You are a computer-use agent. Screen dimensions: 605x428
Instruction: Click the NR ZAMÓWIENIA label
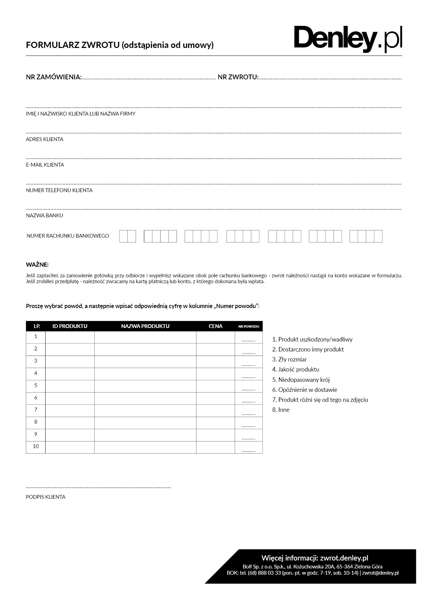click(53, 77)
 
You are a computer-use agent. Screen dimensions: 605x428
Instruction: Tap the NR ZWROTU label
click(238, 77)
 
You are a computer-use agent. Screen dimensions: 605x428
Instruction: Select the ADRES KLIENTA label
click(45, 139)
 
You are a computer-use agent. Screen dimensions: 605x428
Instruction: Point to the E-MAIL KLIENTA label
click(45, 165)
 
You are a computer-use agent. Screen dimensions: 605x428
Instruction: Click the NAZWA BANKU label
click(45, 216)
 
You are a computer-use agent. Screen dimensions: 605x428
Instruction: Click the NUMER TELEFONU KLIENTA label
click(59, 190)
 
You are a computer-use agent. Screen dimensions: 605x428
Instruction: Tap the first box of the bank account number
click(124, 236)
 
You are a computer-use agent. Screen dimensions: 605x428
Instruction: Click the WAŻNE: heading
click(37, 265)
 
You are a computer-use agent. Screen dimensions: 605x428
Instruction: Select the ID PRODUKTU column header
click(70, 326)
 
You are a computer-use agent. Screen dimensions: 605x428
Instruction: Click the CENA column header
click(215, 326)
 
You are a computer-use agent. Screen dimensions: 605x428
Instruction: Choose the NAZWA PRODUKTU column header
click(145, 326)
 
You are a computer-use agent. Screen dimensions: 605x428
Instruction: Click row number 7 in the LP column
click(36, 410)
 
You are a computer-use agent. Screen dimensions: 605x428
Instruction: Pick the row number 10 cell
click(36, 447)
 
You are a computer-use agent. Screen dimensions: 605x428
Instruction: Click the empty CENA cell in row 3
click(215, 362)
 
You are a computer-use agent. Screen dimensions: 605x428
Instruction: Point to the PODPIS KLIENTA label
click(46, 497)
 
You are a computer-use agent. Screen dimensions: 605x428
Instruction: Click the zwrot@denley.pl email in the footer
click(380, 573)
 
